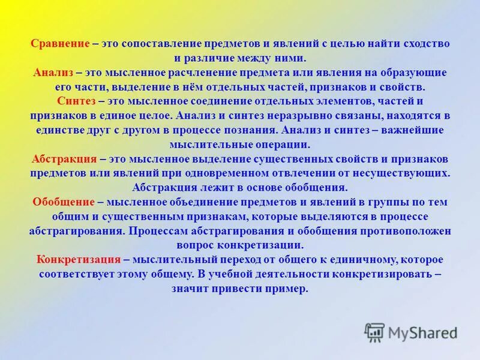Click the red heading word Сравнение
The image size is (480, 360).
(59, 44)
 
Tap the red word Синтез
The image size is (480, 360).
(76, 101)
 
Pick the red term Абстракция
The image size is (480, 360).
(64, 159)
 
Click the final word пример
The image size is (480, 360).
(290, 289)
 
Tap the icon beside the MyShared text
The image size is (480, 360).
(375, 332)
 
